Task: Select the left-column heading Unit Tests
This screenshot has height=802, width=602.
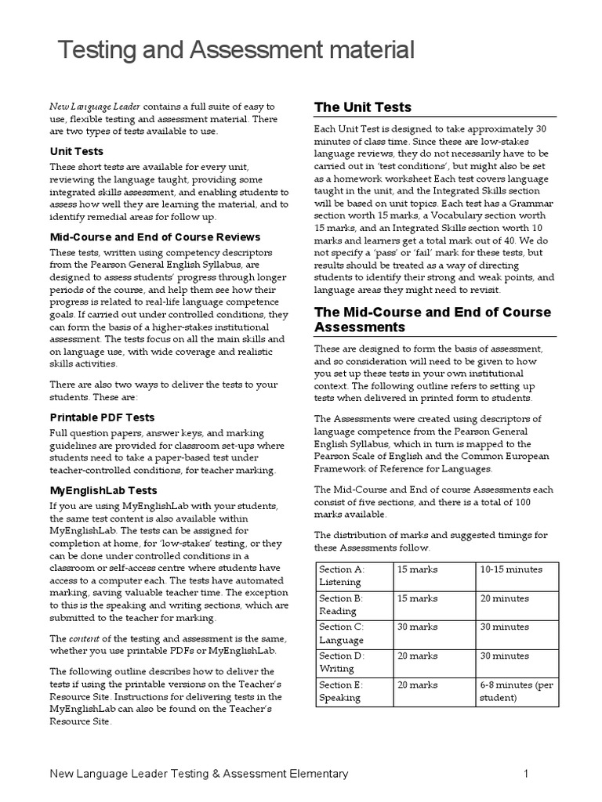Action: pos(76,151)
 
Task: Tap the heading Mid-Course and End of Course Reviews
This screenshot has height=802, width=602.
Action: pos(155,237)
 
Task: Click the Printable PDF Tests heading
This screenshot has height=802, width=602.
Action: pos(103,417)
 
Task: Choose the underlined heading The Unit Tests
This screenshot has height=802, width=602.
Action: pos(362,107)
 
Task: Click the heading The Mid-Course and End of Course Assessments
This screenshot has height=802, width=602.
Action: pos(433,319)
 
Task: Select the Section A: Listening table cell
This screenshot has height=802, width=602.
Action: pos(353,576)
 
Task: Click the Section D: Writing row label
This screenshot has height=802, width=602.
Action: pos(353,662)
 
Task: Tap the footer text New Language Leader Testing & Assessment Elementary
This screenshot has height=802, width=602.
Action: pos(199,774)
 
